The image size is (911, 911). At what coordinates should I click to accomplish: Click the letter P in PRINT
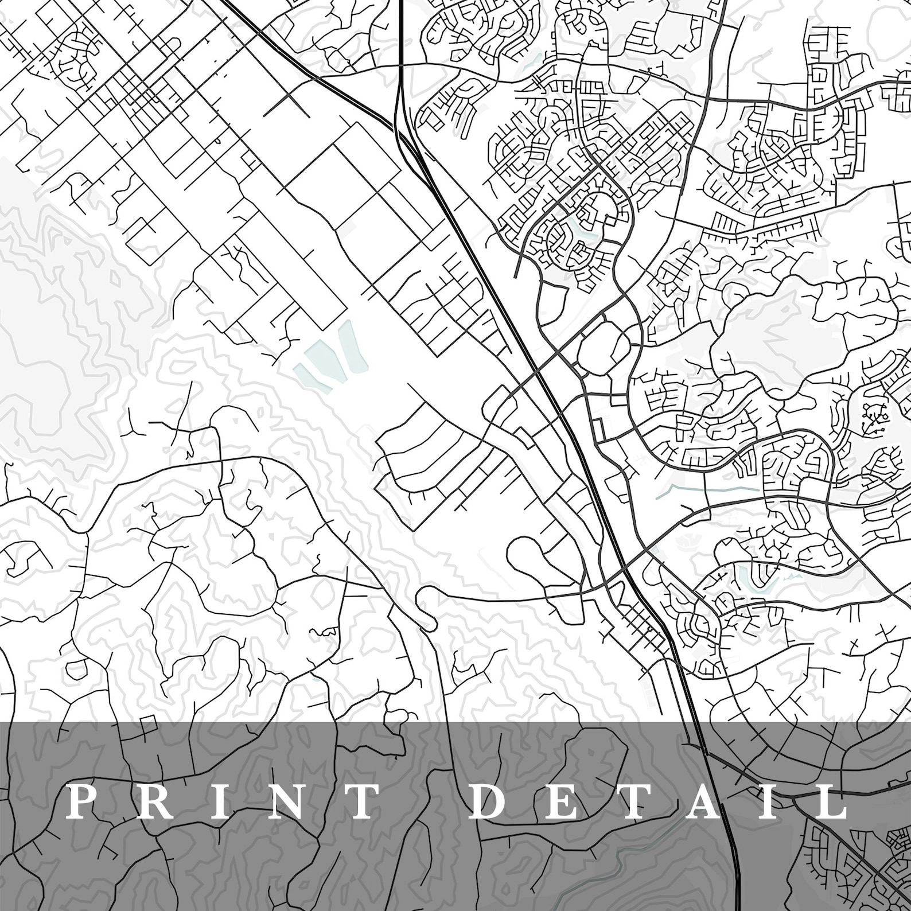[81, 803]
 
